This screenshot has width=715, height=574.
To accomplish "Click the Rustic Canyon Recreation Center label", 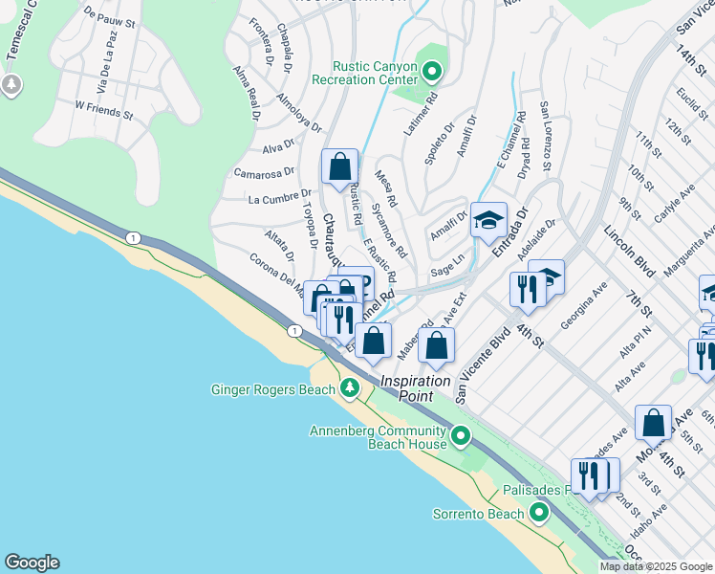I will pyautogui.click(x=375, y=73).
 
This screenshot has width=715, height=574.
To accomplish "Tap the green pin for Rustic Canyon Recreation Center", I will pyautogui.click(x=432, y=71).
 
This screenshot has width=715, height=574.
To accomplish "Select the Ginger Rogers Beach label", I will pyautogui.click(x=272, y=389).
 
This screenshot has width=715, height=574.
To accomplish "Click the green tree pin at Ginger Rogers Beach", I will pyautogui.click(x=350, y=388).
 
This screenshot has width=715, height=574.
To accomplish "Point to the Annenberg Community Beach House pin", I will pyautogui.click(x=461, y=438).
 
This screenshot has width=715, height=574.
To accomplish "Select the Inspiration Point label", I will pyautogui.click(x=415, y=381).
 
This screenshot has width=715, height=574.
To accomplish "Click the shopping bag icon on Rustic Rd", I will pyautogui.click(x=339, y=167).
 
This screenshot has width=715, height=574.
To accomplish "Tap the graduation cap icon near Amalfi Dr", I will pyautogui.click(x=487, y=220).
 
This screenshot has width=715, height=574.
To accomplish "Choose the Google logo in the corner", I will pyautogui.click(x=31, y=563).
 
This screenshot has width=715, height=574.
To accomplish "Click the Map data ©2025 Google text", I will pyautogui.click(x=656, y=566).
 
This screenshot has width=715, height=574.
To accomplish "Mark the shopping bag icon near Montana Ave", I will pyautogui.click(x=653, y=422).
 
